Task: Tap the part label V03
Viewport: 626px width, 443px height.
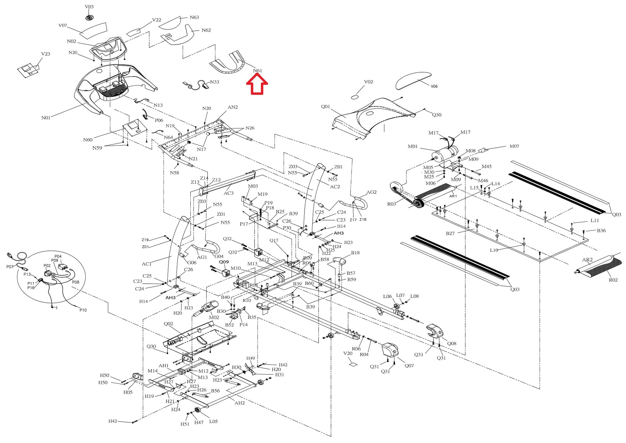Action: click(89, 7)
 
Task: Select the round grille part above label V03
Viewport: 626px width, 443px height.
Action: click(89, 18)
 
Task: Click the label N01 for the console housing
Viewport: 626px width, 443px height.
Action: click(46, 118)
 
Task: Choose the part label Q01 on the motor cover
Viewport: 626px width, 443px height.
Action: click(325, 107)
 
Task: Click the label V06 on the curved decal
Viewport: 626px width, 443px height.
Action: click(434, 87)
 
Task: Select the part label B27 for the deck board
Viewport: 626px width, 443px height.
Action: click(450, 233)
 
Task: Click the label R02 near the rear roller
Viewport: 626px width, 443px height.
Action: click(613, 280)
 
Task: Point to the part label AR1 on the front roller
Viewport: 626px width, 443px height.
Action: click(453, 196)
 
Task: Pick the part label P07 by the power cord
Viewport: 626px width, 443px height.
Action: click(10, 267)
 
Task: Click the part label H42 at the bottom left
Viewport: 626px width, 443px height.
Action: click(112, 421)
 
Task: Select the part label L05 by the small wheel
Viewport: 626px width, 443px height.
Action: click(213, 422)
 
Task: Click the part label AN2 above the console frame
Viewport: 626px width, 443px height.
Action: click(233, 107)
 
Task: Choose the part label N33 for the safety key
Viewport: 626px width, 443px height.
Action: click(215, 82)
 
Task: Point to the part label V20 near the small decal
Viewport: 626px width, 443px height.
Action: click(348, 353)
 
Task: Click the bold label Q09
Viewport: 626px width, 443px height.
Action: click(224, 262)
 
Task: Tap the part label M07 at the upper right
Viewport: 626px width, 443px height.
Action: click(514, 146)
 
